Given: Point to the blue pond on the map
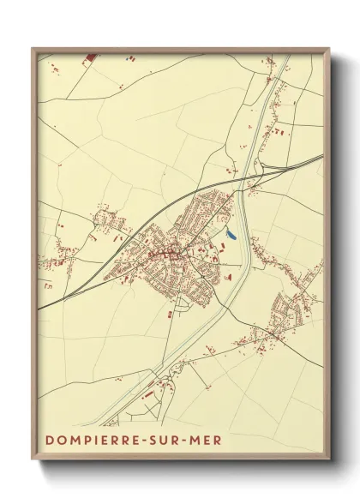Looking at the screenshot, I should [230, 231].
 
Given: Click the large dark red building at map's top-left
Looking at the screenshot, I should [91, 58].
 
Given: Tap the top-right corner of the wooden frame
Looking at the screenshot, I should [331, 49].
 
